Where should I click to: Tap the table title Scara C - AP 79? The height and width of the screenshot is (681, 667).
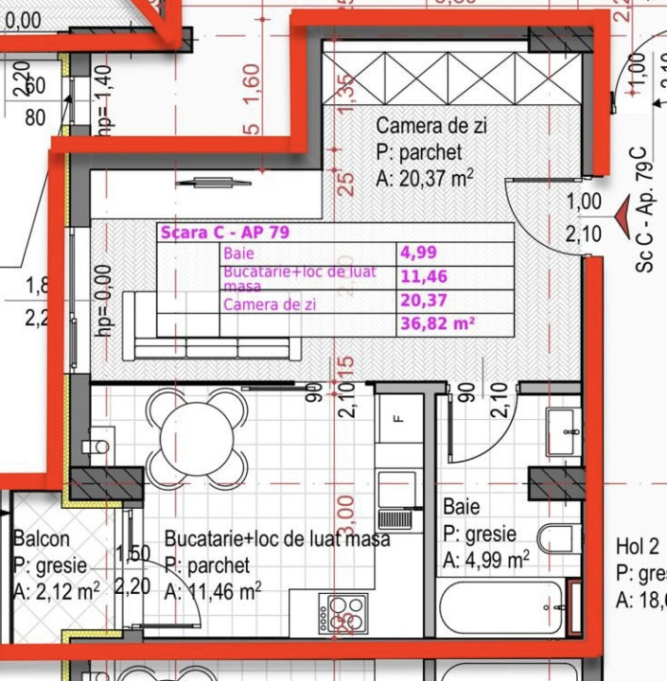coord(224,233)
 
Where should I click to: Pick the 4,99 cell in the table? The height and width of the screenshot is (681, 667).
coord(418,253)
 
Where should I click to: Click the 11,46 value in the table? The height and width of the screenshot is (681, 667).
coord(423,277)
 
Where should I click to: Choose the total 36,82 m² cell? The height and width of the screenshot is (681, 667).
coord(436,323)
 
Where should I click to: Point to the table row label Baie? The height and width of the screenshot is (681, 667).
coord(238,253)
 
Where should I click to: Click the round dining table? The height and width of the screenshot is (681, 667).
coord(198,436)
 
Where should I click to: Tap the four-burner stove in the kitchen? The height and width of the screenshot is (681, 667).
coord(342,609)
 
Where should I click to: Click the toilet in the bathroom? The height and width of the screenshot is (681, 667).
coord(559,538)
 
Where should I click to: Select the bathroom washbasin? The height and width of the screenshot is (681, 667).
coord(567,432)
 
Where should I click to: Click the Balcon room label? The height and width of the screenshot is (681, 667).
coord(41,539)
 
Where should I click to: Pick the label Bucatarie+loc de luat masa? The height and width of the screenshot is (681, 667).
coord(276,539)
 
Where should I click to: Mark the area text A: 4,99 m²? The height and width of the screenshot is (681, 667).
coord(484,560)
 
